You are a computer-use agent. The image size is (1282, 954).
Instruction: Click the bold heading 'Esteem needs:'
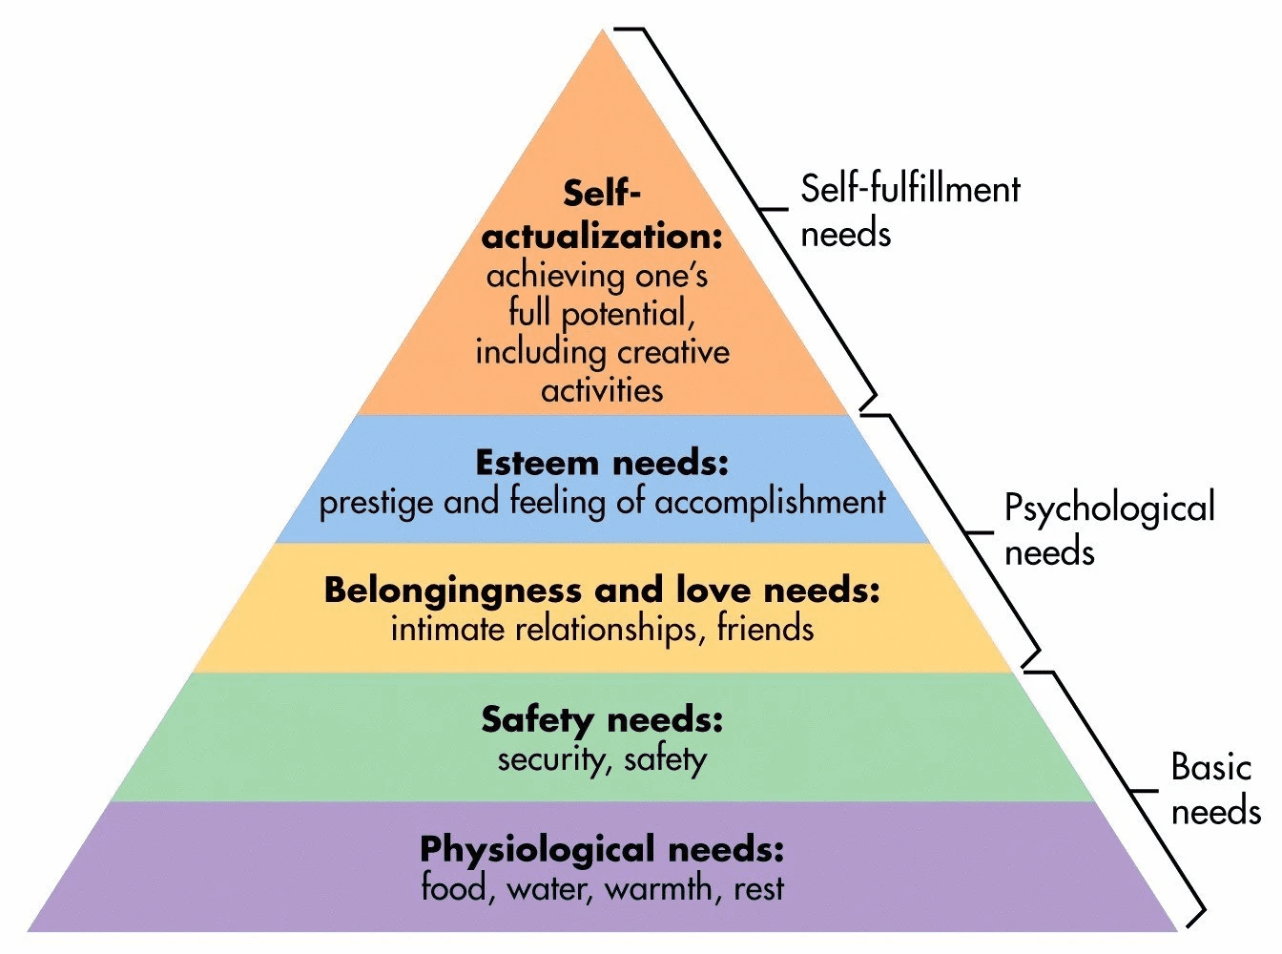(602, 464)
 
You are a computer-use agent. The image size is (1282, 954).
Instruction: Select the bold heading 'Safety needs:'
(602, 719)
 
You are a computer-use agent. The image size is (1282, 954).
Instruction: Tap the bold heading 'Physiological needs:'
(602, 849)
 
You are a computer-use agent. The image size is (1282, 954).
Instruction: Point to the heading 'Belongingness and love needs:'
(602, 591)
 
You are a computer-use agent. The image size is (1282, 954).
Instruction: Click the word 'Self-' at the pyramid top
(602, 194)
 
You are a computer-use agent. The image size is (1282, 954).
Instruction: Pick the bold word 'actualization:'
(602, 236)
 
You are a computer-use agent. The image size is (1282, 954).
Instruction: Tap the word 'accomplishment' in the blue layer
(770, 502)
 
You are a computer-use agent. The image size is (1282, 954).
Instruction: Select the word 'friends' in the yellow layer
(765, 629)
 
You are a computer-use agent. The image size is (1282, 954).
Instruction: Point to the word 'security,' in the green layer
(555, 759)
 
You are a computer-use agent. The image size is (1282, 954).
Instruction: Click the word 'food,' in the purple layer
(456, 888)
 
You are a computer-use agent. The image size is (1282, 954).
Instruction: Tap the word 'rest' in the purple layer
(758, 889)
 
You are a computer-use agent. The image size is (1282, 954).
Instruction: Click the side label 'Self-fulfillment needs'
(909, 211)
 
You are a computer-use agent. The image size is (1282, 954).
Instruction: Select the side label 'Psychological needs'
(1108, 529)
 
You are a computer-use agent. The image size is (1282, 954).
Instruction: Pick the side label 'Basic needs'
(1214, 789)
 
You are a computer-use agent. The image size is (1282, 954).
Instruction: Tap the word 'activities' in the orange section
(602, 390)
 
